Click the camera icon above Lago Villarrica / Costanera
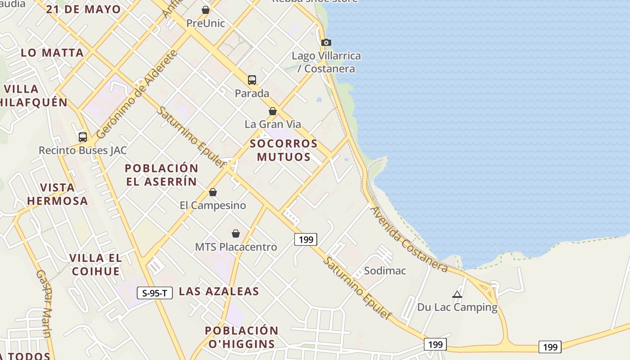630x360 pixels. click(x=326, y=43)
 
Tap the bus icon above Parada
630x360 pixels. click(x=252, y=80)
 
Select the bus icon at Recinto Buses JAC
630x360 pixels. click(x=83, y=137)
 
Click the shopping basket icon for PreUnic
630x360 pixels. click(x=206, y=10)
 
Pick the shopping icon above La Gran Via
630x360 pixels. click(x=273, y=111)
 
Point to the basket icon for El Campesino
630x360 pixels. click(x=213, y=193)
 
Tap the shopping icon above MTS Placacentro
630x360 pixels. click(x=236, y=234)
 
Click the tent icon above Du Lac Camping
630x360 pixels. click(x=457, y=295)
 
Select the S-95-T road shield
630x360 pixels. click(x=154, y=293)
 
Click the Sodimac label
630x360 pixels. click(x=385, y=271)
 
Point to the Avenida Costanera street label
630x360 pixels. click(x=409, y=239)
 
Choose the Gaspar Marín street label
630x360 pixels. click(x=44, y=303)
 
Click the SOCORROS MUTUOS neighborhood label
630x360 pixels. click(x=284, y=150)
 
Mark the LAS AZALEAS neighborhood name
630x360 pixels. click(x=219, y=291)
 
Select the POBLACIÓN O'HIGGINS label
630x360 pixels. click(x=242, y=337)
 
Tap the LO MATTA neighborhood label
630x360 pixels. click(x=52, y=53)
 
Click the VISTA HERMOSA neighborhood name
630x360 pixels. click(x=57, y=194)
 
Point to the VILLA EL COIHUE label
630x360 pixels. click(x=95, y=265)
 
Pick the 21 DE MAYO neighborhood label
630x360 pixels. click(x=83, y=9)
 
